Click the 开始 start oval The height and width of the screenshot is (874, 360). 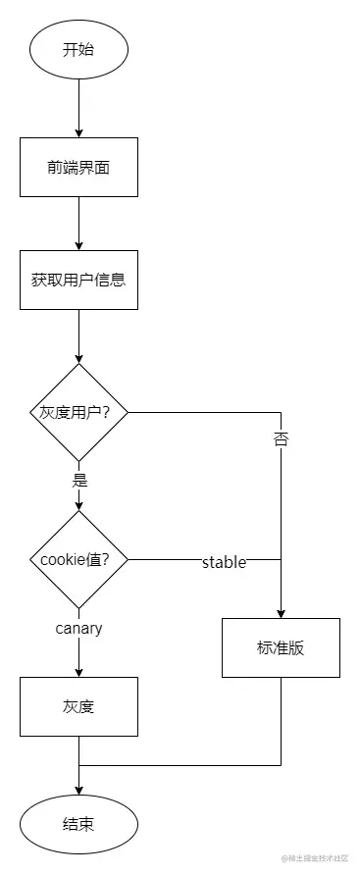(78, 49)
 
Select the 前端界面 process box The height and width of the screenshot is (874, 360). (78, 167)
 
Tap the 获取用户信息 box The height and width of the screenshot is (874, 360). (78, 279)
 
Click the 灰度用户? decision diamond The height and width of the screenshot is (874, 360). (78, 412)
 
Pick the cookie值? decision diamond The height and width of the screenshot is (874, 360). (78, 560)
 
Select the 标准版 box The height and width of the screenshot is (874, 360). (281, 647)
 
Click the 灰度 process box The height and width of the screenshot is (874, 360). (78, 706)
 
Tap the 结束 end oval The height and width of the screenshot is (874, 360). (78, 824)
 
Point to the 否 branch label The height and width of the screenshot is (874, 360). (281, 438)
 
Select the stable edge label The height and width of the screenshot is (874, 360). (224, 562)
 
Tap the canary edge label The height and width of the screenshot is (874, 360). (78, 628)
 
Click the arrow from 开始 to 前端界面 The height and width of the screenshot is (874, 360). (78, 108)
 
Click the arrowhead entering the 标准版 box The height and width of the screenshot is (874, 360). (281, 612)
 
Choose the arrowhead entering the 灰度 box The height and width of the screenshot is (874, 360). (78, 671)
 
